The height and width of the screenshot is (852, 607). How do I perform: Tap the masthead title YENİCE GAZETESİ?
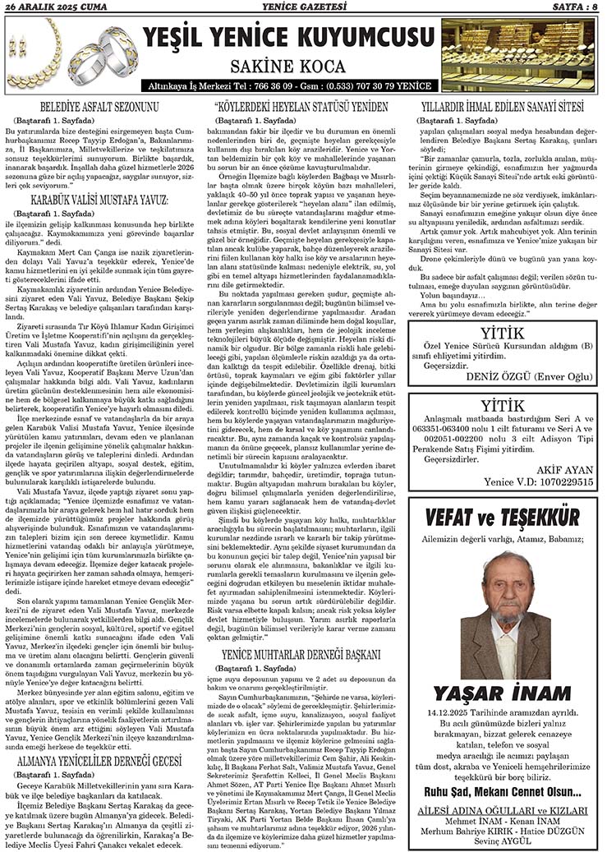click(303, 7)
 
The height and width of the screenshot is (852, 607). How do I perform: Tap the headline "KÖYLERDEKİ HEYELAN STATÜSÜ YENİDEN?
click(300, 107)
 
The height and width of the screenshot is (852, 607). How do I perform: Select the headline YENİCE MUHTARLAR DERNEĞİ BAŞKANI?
click(301, 655)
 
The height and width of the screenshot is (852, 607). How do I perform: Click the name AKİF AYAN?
click(560, 473)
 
